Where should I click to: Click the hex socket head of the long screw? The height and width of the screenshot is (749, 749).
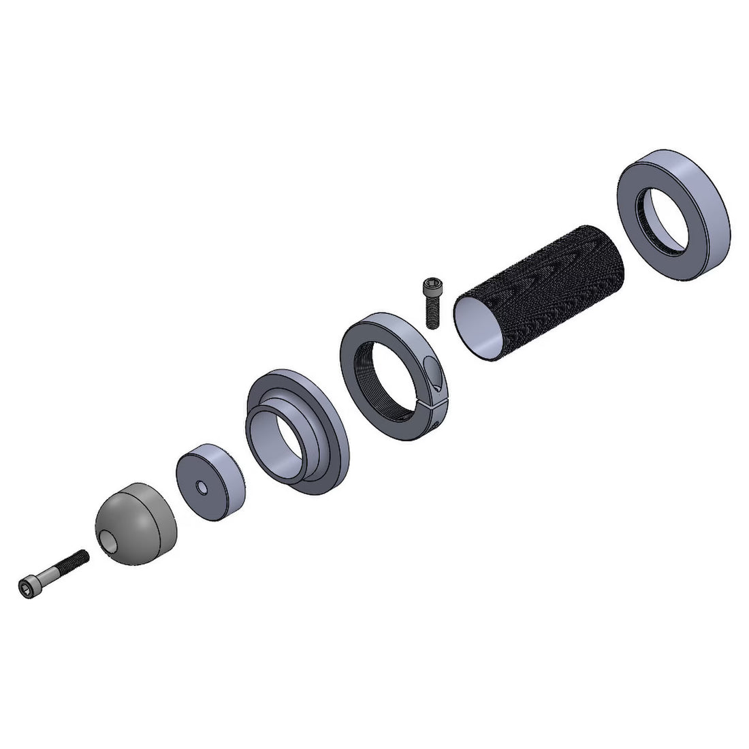coord(27,584)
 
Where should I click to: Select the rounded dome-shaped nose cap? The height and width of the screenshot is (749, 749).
coord(140,517)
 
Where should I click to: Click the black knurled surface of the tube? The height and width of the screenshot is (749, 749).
coord(558,286)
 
